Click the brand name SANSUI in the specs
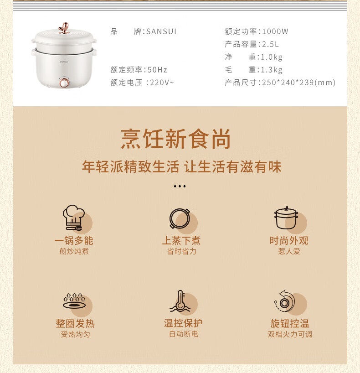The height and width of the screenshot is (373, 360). click(x=161, y=31)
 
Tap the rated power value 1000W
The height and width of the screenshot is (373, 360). click(x=275, y=31)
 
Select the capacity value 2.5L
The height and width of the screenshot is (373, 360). click(x=270, y=44)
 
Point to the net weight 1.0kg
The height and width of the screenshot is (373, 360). click(x=272, y=57)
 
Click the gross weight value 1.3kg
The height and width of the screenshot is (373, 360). click(x=272, y=70)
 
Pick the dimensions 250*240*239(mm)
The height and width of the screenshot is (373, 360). click(x=298, y=83)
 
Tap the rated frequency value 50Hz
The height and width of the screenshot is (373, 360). click(x=157, y=70)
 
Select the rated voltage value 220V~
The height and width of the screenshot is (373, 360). click(x=162, y=83)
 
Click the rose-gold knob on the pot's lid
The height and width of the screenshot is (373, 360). click(x=64, y=28)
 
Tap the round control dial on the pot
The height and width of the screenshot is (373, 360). click(x=64, y=83)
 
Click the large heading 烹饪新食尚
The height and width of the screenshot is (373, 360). click(x=176, y=139)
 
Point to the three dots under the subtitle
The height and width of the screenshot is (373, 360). click(x=180, y=186)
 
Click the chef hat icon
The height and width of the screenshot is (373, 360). click(x=74, y=218)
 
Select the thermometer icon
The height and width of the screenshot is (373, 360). click(x=180, y=301)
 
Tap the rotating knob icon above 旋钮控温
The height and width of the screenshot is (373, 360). click(x=285, y=301)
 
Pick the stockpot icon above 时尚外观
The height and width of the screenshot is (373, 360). click(x=286, y=218)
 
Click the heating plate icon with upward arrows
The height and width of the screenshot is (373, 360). click(x=74, y=301)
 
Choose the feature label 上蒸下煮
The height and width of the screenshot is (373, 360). click(x=181, y=240)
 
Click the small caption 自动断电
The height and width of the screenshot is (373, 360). click(x=184, y=334)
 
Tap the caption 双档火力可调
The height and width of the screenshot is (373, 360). click(x=290, y=334)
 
